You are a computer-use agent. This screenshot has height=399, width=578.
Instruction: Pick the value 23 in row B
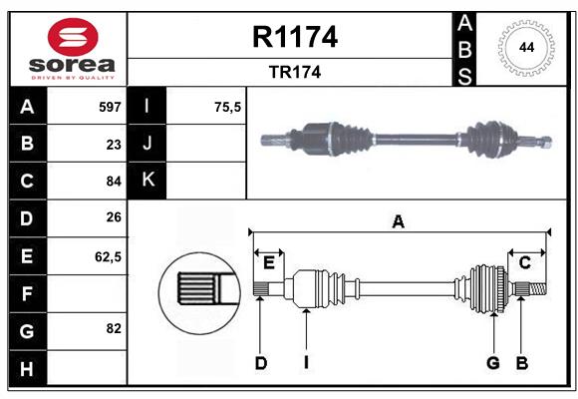coord(114,144)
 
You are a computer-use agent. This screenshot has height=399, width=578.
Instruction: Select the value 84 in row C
coord(114,182)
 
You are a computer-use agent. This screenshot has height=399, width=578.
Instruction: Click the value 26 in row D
coord(114,218)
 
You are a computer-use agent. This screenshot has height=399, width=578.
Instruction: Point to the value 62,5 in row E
coord(109,256)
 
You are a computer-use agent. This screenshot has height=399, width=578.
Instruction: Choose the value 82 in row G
coord(114,328)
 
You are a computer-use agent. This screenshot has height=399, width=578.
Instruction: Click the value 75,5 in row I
coord(228,106)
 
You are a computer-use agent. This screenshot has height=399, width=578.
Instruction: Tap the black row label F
coord(27,293)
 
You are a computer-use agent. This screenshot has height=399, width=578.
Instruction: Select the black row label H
coord(27,368)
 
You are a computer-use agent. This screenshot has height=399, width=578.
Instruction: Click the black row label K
coord(148,181)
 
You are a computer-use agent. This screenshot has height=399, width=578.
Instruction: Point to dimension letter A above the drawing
coord(399,221)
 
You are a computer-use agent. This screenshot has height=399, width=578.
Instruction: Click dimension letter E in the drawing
coord(268,262)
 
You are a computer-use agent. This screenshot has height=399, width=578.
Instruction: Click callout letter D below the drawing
coord(260,363)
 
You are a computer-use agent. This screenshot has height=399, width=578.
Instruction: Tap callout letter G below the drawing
coord(492,363)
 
